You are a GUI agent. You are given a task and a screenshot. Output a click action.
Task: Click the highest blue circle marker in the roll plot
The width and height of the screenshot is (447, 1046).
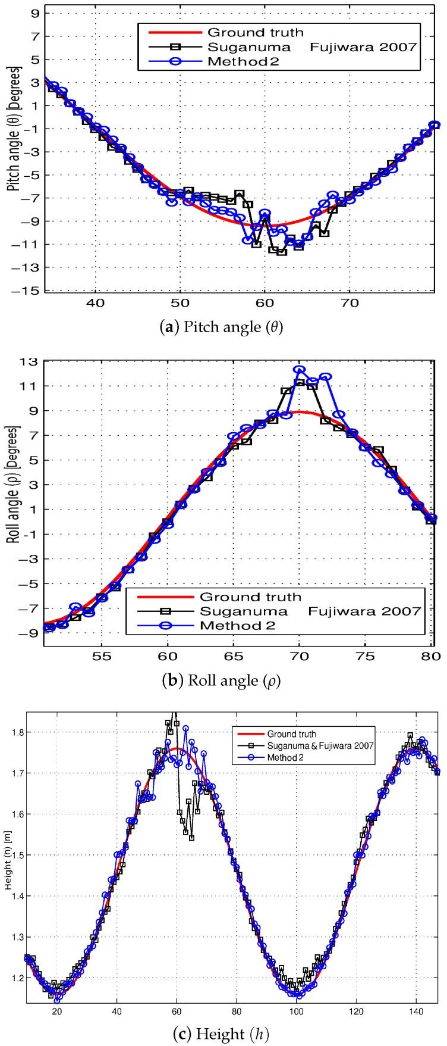[x=299, y=370]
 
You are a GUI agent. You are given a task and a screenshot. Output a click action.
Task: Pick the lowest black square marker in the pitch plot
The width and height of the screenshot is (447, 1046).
[x=282, y=252]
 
